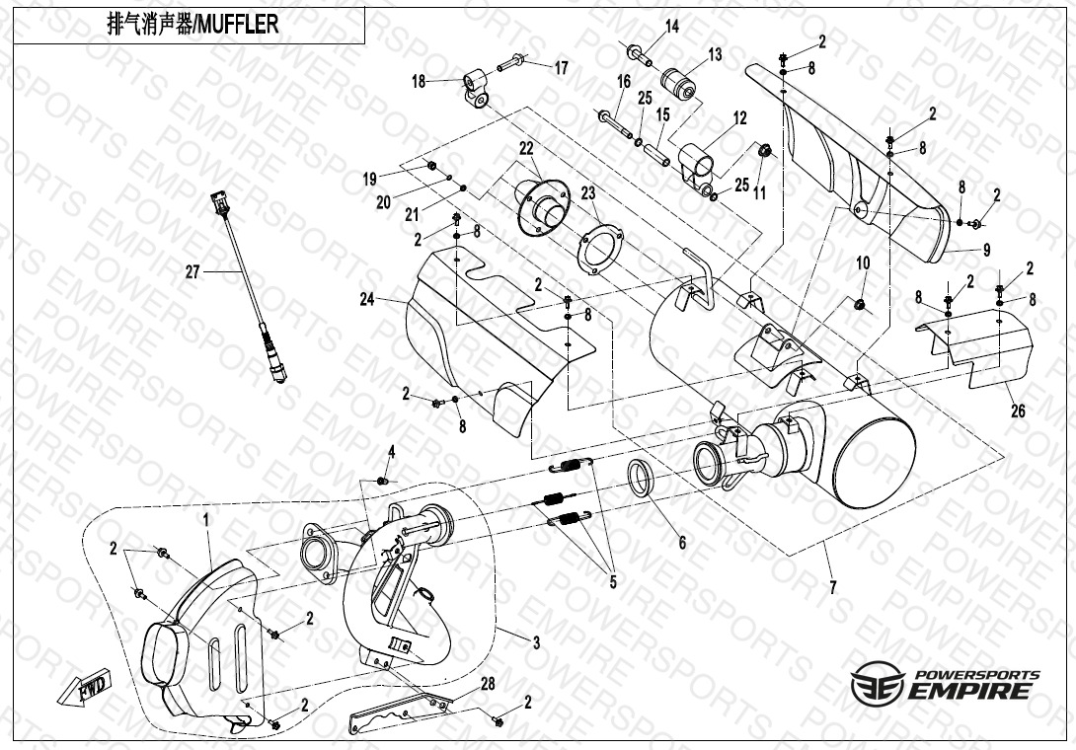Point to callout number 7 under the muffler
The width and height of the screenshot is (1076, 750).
[832, 587]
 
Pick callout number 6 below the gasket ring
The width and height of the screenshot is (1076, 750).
[680, 542]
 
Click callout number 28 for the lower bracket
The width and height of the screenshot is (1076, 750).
[487, 683]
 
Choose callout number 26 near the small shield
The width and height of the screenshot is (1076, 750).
[1016, 412]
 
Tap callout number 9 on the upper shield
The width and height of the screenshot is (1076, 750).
[986, 249]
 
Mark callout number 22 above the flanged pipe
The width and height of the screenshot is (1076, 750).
[526, 148]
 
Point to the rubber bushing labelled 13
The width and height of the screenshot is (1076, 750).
[677, 79]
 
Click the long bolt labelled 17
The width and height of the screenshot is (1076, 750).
[513, 65]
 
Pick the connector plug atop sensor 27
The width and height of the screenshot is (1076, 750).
[215, 205]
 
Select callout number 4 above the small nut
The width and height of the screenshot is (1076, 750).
[391, 451]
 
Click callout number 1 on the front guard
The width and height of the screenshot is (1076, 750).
[206, 517]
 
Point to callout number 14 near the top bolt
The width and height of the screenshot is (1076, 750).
[671, 27]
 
